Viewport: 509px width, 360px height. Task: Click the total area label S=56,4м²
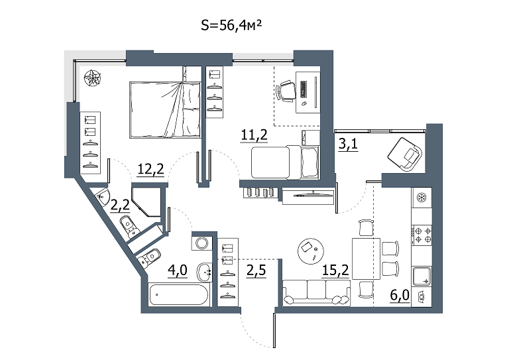pyautogui.click(x=231, y=25)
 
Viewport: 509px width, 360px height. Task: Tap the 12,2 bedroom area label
pyautogui.click(x=150, y=169)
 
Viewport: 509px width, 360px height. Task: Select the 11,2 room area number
pyautogui.click(x=254, y=135)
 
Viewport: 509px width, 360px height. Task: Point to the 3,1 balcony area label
pyautogui.click(x=348, y=143)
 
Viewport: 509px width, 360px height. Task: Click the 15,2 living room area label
pyautogui.click(x=335, y=270)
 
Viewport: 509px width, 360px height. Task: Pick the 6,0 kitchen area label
pyautogui.click(x=400, y=296)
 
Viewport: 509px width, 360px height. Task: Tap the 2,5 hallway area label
pyautogui.click(x=256, y=270)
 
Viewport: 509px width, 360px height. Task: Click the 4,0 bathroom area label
pyautogui.click(x=178, y=270)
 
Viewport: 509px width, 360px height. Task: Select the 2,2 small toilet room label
pyautogui.click(x=120, y=205)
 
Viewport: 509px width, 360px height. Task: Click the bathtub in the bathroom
pyautogui.click(x=179, y=294)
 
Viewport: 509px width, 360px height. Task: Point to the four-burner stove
pyautogui.click(x=422, y=235)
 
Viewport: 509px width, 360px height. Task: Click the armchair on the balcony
pyautogui.click(x=405, y=154)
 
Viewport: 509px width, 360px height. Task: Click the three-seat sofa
pyautogui.click(x=317, y=293)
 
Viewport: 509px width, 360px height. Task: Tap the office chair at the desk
pyautogui.click(x=286, y=91)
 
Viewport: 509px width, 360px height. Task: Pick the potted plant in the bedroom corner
pyautogui.click(x=93, y=78)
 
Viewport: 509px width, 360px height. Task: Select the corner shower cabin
pyautogui.click(x=146, y=202)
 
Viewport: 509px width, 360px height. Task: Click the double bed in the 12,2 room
pyautogui.click(x=165, y=110)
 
